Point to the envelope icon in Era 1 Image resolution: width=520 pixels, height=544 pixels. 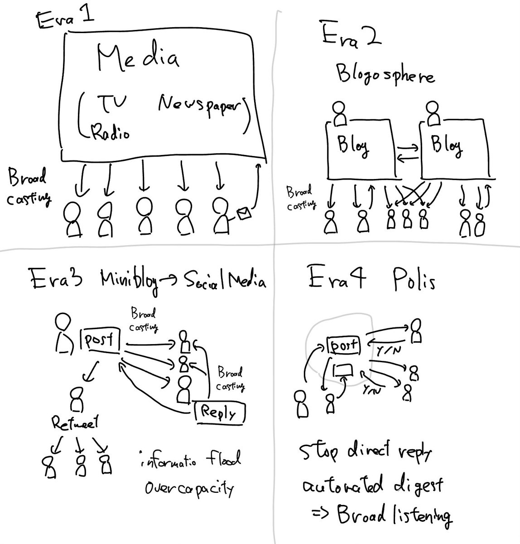coord(243,213)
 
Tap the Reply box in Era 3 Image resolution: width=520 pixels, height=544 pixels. coord(220,413)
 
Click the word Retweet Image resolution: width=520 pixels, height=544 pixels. coord(75,424)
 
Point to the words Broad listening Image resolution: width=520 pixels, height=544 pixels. coord(394,515)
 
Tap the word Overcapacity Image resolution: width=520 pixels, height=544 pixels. coord(189,489)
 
